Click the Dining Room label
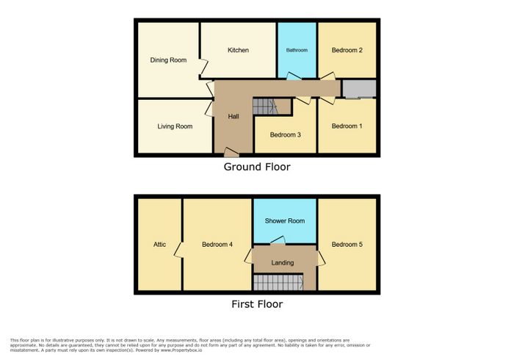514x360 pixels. pos(168,60)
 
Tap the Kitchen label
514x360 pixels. pos(238,50)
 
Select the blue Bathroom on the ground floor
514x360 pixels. pos(297,50)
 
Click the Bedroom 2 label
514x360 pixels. pos(347,50)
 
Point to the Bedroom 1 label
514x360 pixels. pos(347,126)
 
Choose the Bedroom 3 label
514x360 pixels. pos(285,134)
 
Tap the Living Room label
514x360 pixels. pos(175,126)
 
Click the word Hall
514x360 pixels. pos(234,116)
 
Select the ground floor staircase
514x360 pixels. pos(266,107)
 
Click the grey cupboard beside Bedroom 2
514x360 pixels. pos(359,88)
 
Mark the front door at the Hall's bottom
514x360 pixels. pos(231,152)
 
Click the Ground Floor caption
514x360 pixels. pos(257,167)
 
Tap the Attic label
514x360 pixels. pos(159,244)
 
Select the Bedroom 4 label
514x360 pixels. pos(217,244)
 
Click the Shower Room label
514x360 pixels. pos(285,221)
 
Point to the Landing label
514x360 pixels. pos(282,262)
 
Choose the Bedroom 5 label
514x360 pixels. pos(347,244)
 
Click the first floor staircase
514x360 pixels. pos(278,282)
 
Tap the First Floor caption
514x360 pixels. pos(257,304)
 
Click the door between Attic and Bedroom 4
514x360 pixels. pos(178,251)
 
